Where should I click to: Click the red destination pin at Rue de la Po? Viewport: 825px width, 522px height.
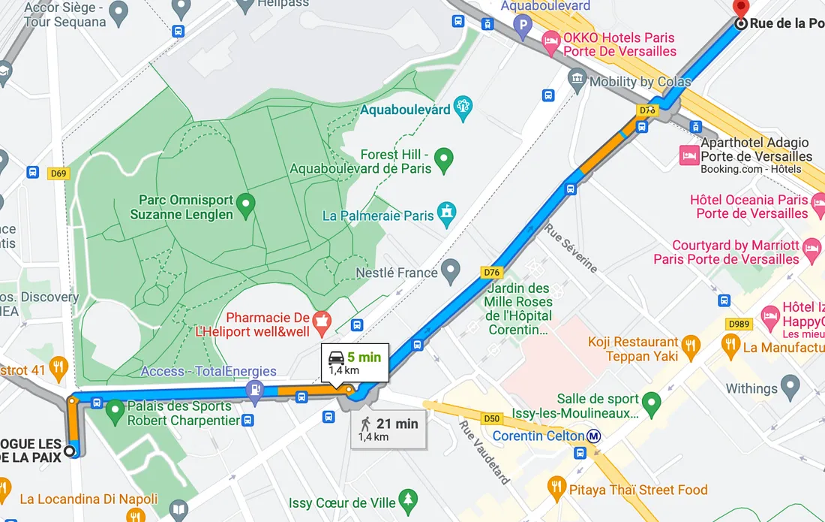click(x=741, y=9)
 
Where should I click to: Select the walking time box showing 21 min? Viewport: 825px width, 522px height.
click(x=388, y=429)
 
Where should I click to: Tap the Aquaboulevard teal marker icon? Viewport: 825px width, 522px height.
click(x=463, y=108)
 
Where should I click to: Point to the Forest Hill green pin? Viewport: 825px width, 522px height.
click(x=445, y=159)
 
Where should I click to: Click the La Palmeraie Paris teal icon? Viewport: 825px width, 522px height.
click(x=448, y=213)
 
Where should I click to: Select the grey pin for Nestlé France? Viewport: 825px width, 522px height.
click(x=450, y=269)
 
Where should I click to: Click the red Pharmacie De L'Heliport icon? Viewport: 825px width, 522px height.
click(x=322, y=322)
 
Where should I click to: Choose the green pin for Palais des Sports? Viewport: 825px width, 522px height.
click(x=114, y=411)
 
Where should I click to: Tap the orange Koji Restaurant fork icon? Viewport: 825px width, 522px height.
click(x=691, y=346)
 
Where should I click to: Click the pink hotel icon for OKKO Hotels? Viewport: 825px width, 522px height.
click(x=551, y=43)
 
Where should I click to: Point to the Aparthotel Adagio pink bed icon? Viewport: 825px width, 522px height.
click(x=688, y=155)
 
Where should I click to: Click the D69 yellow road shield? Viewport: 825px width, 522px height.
click(x=58, y=173)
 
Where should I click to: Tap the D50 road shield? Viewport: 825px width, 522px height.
click(x=492, y=418)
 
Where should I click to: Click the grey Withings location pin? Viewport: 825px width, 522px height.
click(x=790, y=388)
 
